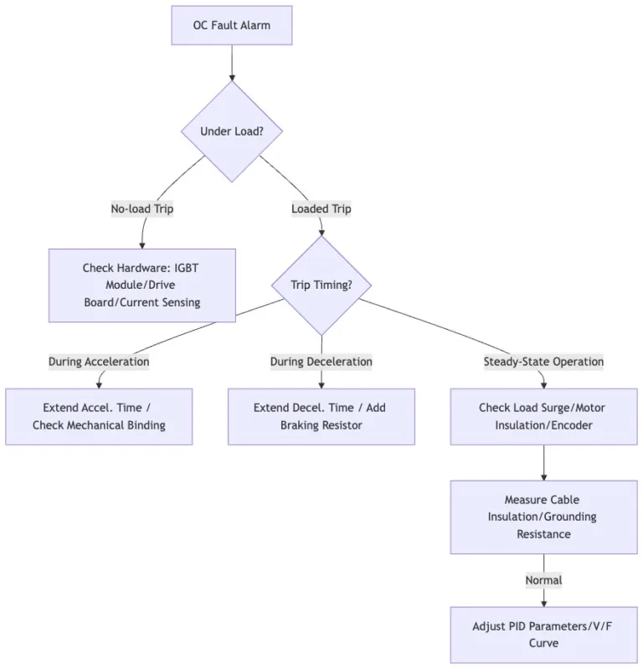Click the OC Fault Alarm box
pos(232,25)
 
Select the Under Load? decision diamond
pos(232,131)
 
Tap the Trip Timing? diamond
pos(321,285)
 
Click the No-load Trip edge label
pos(142,208)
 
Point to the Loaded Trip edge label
pos(321,208)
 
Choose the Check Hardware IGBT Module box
pos(142,286)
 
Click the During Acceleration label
pos(99,362)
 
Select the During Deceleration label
pos(321,362)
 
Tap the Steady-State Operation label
pos(543,362)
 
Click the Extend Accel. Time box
pos(99,416)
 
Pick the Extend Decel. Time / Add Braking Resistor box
pos(321,416)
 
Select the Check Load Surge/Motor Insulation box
pos(543,416)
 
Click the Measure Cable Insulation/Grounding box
pos(543,517)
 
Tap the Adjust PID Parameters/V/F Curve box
pos(543,635)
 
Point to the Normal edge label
pos(543,580)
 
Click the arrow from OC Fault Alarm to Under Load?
pos(232,63)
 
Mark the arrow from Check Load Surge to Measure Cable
pos(543,462)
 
